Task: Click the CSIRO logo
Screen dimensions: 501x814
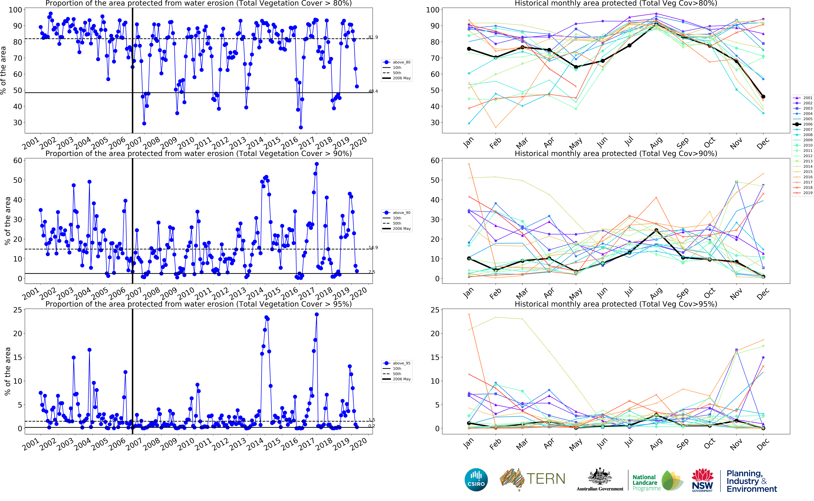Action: coord(476,479)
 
